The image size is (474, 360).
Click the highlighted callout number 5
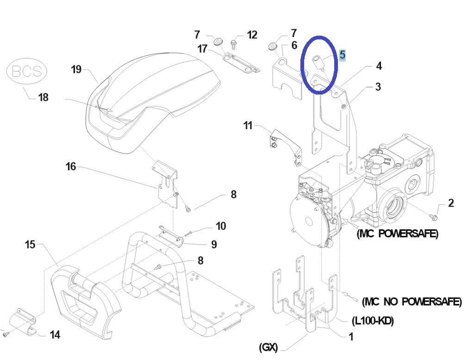(342, 55)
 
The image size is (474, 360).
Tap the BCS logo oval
(26, 71)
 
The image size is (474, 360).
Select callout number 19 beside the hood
(76, 69)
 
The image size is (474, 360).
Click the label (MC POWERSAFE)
(397, 234)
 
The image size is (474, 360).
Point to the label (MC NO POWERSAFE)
(412, 302)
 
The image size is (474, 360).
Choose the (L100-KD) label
(373, 320)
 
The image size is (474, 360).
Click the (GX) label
(268, 347)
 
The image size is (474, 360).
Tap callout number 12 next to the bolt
(252, 35)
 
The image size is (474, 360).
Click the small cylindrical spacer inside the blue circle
(318, 62)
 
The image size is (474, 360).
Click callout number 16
(71, 166)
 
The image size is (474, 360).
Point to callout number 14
(55, 335)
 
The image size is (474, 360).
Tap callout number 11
(248, 125)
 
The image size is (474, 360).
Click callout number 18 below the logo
(43, 97)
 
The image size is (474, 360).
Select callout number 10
(221, 226)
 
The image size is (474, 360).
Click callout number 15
(30, 245)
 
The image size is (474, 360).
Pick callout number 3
(378, 87)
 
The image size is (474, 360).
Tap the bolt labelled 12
(233, 45)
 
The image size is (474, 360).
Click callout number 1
(351, 336)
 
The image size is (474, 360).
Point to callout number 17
(202, 48)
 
